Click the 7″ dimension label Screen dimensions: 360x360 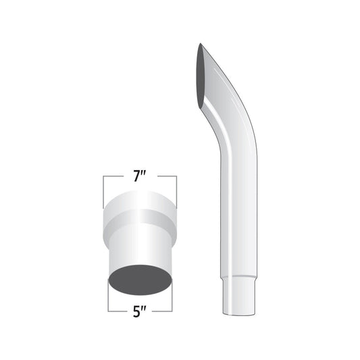[x=140, y=177]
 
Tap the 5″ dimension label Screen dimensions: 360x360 [x=140, y=312]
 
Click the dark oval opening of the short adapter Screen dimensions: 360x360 [x=140, y=279]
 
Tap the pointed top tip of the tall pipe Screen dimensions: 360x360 [x=201, y=45]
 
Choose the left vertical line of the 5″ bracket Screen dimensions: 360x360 [x=108, y=301]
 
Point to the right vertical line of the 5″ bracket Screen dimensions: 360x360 [x=172, y=301]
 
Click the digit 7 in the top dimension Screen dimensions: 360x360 [x=137, y=177]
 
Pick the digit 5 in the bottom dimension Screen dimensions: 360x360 [x=137, y=312]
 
